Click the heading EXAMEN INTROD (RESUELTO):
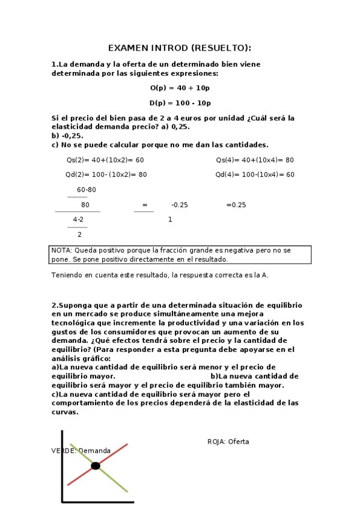coord(180,48)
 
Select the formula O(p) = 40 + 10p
coord(180,88)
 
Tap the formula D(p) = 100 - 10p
coord(180,103)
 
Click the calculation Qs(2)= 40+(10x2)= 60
coord(105,160)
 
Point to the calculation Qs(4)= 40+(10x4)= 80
coord(255,160)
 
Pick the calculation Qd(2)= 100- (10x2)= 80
coord(106,174)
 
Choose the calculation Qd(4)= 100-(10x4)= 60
coord(255,174)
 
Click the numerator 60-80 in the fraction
coord(86,189)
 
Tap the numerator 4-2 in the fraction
coord(78,220)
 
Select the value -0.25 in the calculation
coord(179,204)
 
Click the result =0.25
coord(236,204)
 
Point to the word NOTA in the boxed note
coord(61,250)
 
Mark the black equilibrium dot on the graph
coord(96,465)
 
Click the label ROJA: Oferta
coord(228,441)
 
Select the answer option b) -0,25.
coord(67,135)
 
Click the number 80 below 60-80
coord(85,204)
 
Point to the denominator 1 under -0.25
coord(170,220)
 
